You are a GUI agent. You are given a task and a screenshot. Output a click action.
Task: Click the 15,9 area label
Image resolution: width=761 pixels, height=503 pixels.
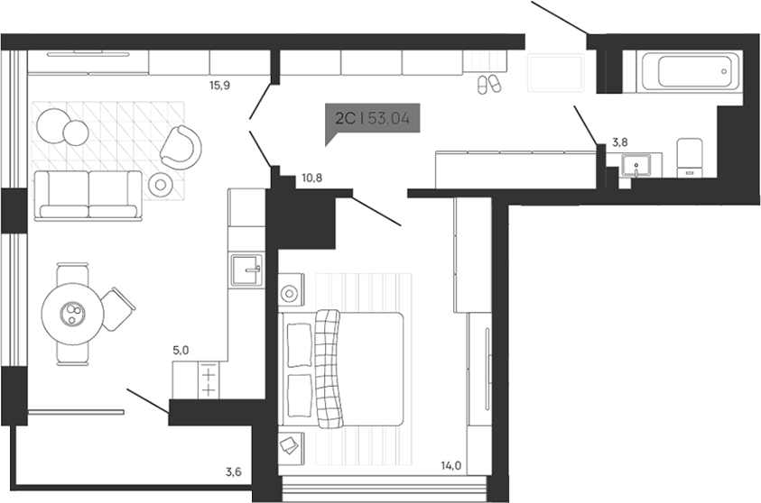point(219,87)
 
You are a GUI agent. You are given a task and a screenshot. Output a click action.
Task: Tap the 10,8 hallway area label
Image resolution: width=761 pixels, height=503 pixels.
point(311,178)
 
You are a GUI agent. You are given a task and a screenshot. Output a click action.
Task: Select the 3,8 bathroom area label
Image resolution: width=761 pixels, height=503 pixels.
point(621,142)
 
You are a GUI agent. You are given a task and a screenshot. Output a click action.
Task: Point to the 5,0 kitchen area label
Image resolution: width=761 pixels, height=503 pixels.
point(181,350)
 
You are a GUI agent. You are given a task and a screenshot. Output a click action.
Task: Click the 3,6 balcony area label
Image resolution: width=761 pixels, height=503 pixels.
point(234,471)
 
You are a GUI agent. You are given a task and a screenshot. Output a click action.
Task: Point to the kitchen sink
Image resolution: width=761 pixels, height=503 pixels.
point(246,269)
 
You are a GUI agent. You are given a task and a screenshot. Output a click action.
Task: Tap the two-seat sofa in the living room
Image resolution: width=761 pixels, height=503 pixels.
point(88,195)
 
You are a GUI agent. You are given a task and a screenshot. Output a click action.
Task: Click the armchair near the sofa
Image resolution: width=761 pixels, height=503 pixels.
point(182,144)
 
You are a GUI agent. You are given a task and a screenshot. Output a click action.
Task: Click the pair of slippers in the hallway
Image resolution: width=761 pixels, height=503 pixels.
point(488,84)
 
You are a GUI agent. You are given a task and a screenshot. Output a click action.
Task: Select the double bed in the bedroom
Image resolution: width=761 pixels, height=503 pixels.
point(343,367)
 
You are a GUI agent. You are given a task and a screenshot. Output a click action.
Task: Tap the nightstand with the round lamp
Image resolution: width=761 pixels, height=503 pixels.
point(291,293)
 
